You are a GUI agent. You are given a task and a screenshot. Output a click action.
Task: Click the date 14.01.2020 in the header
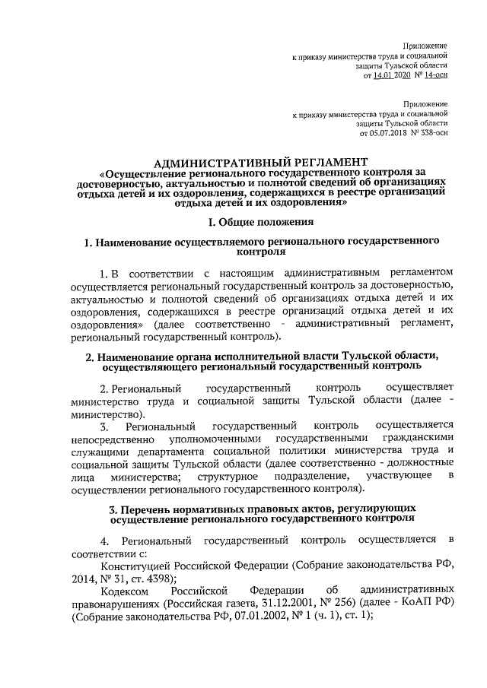[x=390, y=77]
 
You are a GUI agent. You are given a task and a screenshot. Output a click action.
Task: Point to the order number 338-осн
[x=431, y=132]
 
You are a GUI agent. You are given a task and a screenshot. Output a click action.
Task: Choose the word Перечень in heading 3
[x=142, y=506]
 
